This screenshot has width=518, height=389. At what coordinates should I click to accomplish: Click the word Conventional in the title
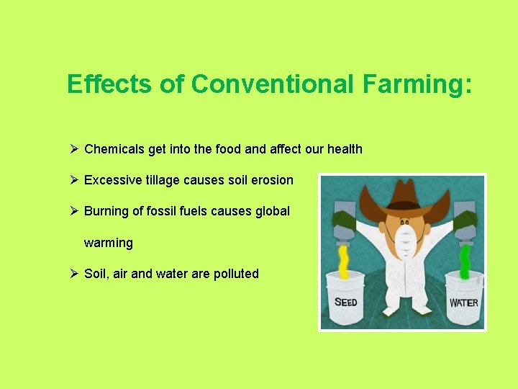(x=273, y=84)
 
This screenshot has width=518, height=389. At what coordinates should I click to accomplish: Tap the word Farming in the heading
(x=417, y=84)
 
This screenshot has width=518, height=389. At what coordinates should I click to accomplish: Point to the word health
(x=345, y=149)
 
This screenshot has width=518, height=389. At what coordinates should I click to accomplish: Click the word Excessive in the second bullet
(x=113, y=180)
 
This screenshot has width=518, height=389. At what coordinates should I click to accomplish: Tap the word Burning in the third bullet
(x=107, y=211)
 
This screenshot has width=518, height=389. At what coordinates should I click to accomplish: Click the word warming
(x=108, y=243)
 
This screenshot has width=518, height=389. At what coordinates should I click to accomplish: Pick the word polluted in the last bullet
(x=236, y=274)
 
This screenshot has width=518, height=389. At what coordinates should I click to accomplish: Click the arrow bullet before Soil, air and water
(x=73, y=274)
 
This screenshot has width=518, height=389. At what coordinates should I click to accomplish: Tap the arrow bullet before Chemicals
(x=73, y=149)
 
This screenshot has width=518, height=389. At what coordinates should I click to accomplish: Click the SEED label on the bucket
(x=346, y=303)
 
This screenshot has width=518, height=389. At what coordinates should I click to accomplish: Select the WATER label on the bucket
(x=463, y=303)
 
